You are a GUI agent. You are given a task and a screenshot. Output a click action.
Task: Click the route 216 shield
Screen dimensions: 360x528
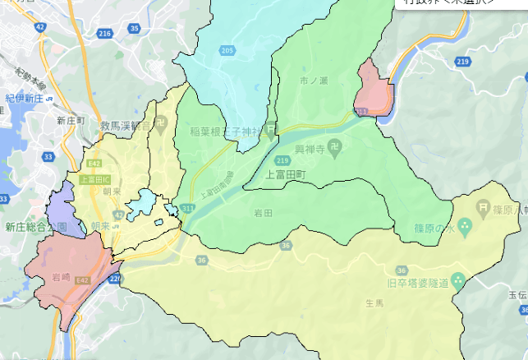(x=103, y=34)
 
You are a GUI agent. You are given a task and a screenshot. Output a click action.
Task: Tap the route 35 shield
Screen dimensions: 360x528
(x=135, y=29)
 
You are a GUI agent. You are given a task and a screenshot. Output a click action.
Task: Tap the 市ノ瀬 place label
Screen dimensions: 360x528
(x=315, y=81)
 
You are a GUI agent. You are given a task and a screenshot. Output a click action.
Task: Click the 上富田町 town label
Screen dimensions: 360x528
(x=286, y=175)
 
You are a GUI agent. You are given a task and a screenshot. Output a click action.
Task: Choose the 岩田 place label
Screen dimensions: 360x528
(x=263, y=213)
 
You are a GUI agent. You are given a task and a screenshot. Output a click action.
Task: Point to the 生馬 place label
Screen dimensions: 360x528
(x=374, y=303)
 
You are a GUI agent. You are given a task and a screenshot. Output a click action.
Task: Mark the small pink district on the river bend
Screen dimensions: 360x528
(x=374, y=90)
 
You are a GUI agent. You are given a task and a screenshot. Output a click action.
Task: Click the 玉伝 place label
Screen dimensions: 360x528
(x=517, y=293)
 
